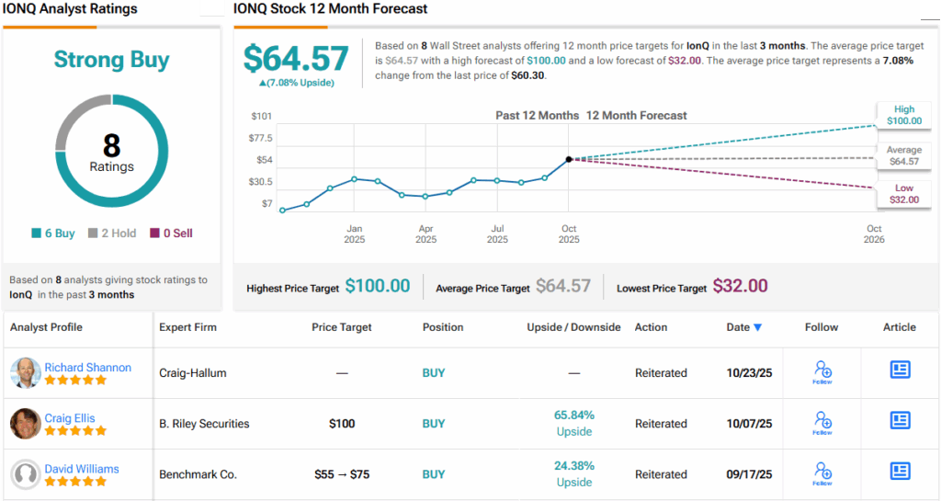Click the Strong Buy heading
pyautogui.click(x=111, y=61)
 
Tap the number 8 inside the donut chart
pyautogui.click(x=111, y=145)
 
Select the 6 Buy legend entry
pyautogui.click(x=52, y=233)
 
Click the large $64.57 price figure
pyautogui.click(x=296, y=59)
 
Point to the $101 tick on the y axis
pyautogui.click(x=262, y=116)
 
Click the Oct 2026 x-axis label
pyautogui.click(x=874, y=234)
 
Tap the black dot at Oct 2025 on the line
pyautogui.click(x=569, y=159)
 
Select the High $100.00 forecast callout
pyautogui.click(x=902, y=115)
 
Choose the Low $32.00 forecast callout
pyautogui.click(x=902, y=193)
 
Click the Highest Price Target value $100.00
pyautogui.click(x=378, y=287)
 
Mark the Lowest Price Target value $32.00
pyautogui.click(x=740, y=287)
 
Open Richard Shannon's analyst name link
pyautogui.click(x=87, y=367)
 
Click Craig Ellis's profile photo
pyautogui.click(x=25, y=424)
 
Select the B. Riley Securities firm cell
pyautogui.click(x=204, y=424)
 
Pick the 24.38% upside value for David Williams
pyautogui.click(x=574, y=466)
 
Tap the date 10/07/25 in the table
pyautogui.click(x=749, y=424)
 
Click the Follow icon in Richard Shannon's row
pyautogui.click(x=822, y=371)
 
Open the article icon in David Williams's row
pyautogui.click(x=900, y=471)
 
